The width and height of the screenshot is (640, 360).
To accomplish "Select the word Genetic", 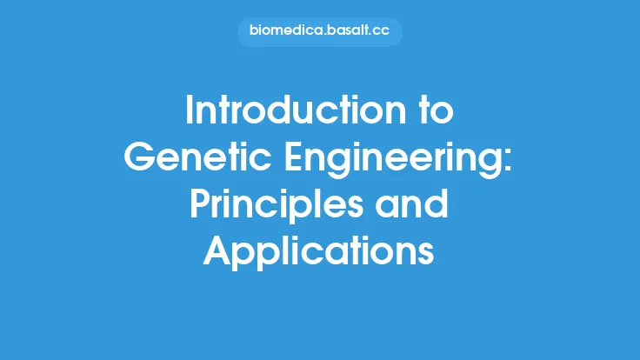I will point(191,160).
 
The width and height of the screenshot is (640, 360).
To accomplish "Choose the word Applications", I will point(319,252).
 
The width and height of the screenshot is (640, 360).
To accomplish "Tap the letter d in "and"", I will point(437,206).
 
